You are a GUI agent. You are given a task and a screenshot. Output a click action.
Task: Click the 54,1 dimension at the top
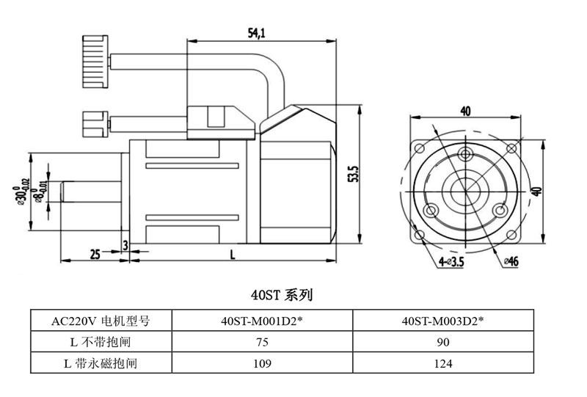click(x=257, y=32)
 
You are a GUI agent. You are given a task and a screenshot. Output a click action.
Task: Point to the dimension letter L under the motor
click(x=233, y=254)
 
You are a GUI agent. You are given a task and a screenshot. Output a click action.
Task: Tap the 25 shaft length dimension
click(x=95, y=254)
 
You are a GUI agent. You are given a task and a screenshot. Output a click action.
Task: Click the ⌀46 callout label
click(x=511, y=261)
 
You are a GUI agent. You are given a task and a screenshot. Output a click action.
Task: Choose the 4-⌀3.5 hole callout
click(x=451, y=261)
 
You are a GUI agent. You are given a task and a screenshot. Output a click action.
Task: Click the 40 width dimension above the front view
click(x=464, y=111)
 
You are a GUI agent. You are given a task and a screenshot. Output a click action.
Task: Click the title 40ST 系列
click(x=282, y=295)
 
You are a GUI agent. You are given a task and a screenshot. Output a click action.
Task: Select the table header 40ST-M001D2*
click(x=261, y=321)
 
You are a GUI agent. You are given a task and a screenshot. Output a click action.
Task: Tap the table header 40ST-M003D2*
click(x=442, y=321)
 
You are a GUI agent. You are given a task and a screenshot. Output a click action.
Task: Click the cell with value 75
click(x=261, y=341)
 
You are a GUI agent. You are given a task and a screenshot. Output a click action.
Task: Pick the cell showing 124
click(x=442, y=363)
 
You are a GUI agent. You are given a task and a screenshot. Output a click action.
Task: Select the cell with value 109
click(x=261, y=363)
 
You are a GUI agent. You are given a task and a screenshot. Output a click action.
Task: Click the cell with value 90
click(x=442, y=341)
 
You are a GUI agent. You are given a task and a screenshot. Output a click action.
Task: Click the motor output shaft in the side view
click(x=92, y=192)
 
